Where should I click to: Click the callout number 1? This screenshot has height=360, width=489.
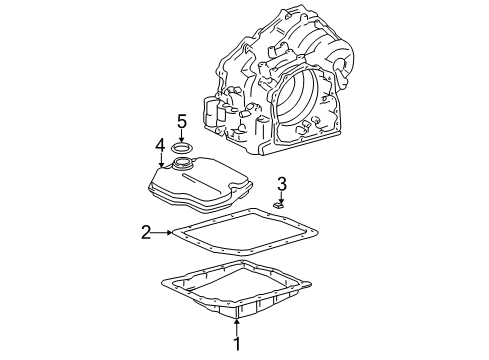tap(236, 345)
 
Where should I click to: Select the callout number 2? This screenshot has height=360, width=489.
tap(147, 233)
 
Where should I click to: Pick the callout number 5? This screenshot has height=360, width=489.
tap(182, 123)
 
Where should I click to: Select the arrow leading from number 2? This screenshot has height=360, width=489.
tap(163, 233)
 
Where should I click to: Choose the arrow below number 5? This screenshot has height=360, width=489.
tap(182, 139)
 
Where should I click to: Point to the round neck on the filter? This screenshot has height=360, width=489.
tap(186, 164)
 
